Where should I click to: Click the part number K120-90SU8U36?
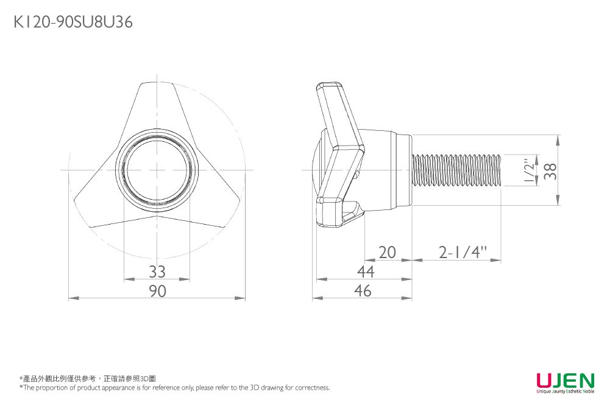(x=73, y=23)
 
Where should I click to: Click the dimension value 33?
(x=157, y=271)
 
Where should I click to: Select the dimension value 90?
(x=157, y=291)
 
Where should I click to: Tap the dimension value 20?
(x=387, y=252)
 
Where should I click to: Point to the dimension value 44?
(x=365, y=271)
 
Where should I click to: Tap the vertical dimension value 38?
(x=550, y=170)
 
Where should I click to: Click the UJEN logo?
(x=565, y=380)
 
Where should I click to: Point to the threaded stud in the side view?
(x=457, y=170)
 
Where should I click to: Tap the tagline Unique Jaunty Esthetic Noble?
(x=565, y=392)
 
